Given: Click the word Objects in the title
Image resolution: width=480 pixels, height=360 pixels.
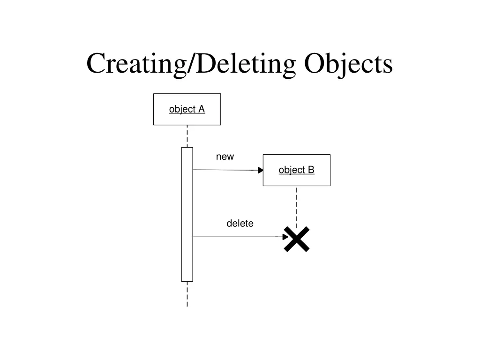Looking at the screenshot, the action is [x=348, y=64].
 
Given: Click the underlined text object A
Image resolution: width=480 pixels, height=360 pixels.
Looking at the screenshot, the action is [x=187, y=109].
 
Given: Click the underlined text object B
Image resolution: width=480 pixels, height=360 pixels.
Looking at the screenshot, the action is [x=296, y=170].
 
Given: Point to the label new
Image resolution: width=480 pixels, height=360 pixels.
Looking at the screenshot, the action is [x=225, y=157].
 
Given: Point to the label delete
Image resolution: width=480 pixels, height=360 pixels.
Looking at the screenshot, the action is [x=240, y=224].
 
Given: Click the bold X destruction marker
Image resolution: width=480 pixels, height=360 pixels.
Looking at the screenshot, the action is [x=297, y=239].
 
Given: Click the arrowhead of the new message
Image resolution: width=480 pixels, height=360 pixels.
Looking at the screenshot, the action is [x=260, y=170].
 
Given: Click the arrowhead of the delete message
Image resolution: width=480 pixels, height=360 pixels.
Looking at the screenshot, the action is [x=285, y=237].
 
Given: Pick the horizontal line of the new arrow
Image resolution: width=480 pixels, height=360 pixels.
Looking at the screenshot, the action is [x=225, y=170].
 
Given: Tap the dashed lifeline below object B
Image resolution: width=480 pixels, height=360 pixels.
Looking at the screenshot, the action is [x=297, y=206].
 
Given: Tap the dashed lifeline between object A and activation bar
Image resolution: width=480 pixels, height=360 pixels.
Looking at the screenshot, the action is [x=187, y=136].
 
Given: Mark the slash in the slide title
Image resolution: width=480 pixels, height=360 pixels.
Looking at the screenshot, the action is [x=191, y=64].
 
